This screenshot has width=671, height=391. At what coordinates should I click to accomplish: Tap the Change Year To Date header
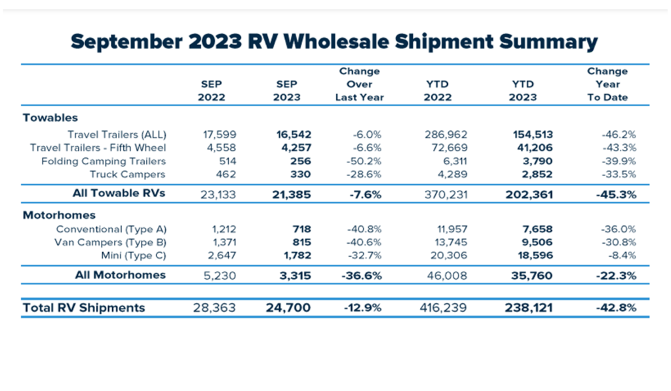pos(607,84)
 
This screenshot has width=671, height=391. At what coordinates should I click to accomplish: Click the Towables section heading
pos(50,118)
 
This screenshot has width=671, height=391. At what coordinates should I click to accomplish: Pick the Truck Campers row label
pos(128,174)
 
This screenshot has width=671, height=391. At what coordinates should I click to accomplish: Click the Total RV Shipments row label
pos(83,308)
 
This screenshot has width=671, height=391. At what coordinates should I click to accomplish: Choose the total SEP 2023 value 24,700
pos(287,308)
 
